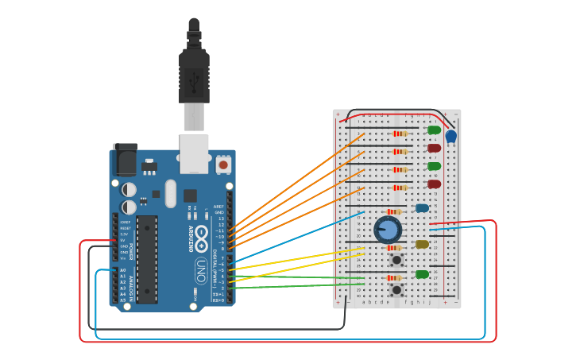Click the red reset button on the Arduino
[x=223, y=165]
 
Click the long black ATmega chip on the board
[x=146, y=259]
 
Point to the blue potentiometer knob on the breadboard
[x=388, y=230]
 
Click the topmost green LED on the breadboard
[x=434, y=130]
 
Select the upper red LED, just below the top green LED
[x=434, y=148]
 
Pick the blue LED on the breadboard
[x=422, y=208]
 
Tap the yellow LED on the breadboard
[x=422, y=245]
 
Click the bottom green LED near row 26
[x=422, y=274]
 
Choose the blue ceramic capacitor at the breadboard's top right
[x=450, y=136]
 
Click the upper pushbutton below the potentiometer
[x=396, y=259]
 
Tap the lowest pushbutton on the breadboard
[x=396, y=289]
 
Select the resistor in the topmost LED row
[x=400, y=134]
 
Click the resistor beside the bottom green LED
[x=393, y=278]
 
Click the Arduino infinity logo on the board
[x=201, y=234]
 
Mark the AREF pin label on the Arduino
[x=219, y=206]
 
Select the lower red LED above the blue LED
[x=434, y=184]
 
